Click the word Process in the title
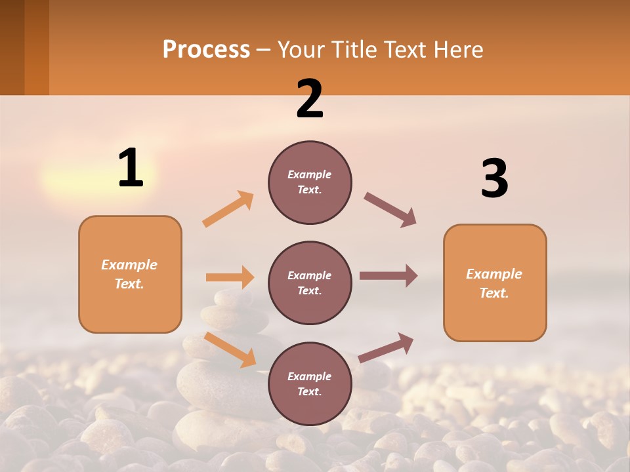[x=206, y=50]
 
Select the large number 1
[x=131, y=168]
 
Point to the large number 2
[x=310, y=99]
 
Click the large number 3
[x=494, y=178]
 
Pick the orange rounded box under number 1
[x=130, y=274]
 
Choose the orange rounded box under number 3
[x=495, y=283]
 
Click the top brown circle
[x=310, y=182]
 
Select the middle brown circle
[x=310, y=283]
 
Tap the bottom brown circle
[x=310, y=384]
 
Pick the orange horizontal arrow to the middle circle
[x=230, y=277]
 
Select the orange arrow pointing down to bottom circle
[x=230, y=349]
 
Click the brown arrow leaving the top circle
[x=390, y=210]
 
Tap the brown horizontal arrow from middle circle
[x=388, y=276]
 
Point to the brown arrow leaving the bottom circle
[x=386, y=347]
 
